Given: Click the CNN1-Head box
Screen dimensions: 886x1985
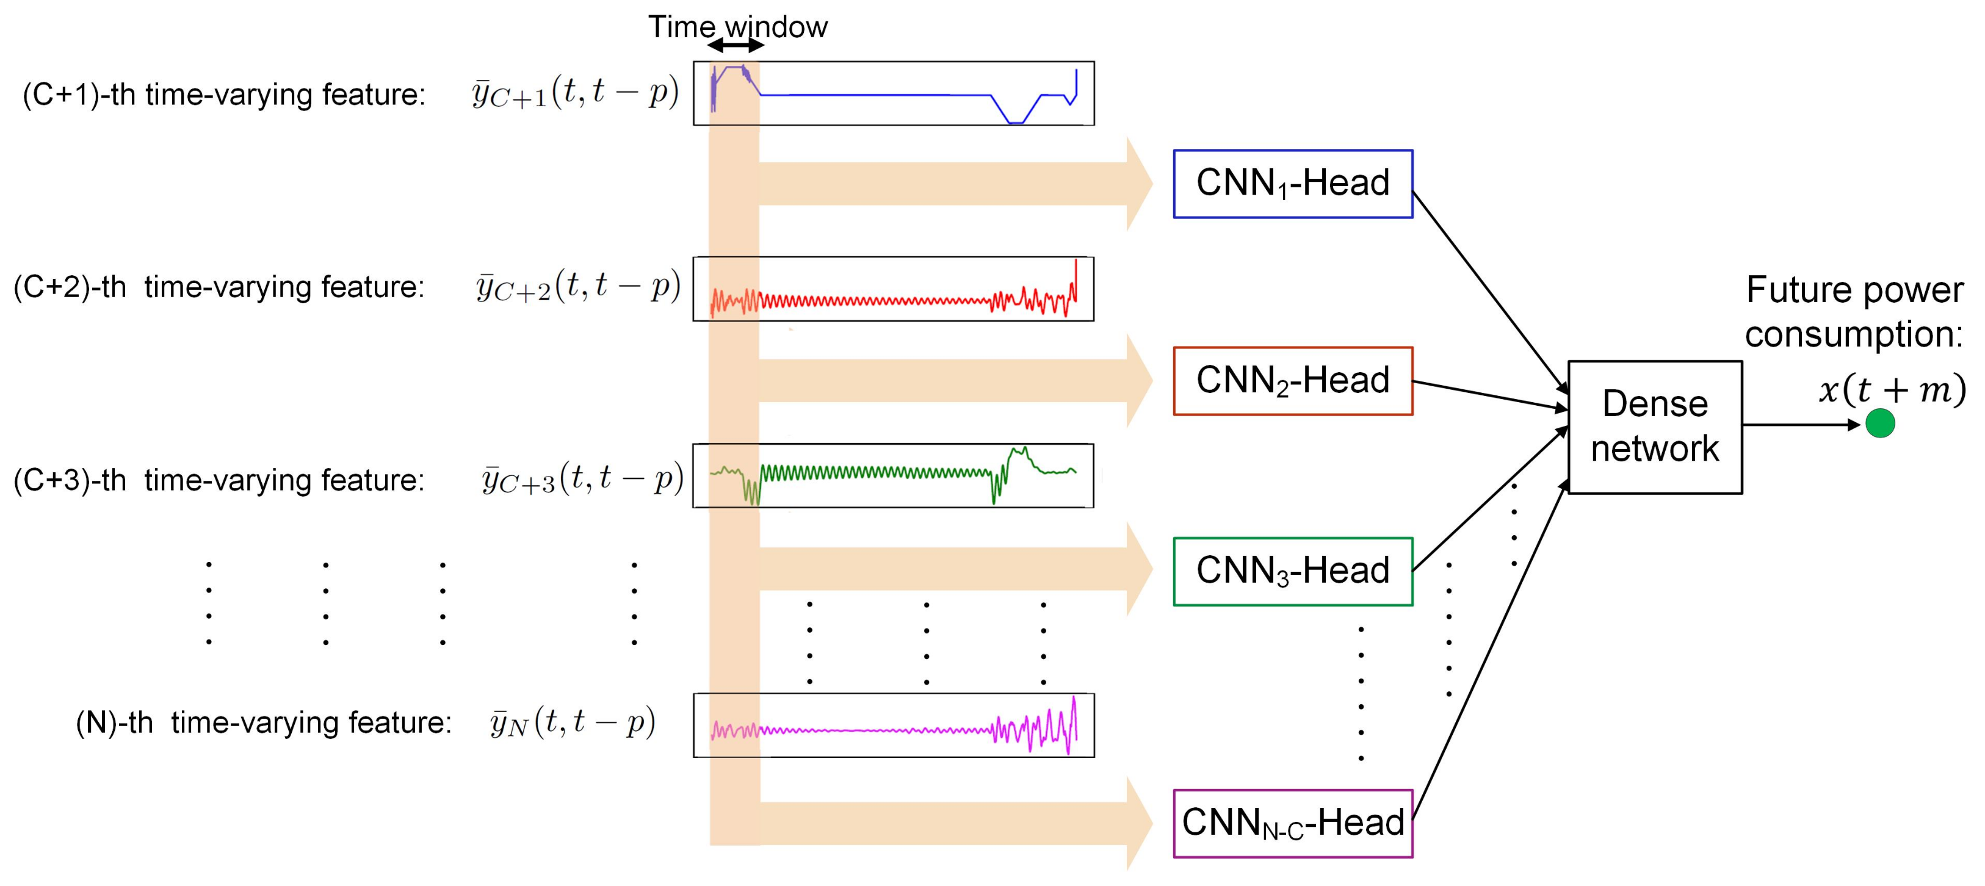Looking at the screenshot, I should pos(1292,184).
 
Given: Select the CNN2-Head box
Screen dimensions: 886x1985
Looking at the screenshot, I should pos(1292,381).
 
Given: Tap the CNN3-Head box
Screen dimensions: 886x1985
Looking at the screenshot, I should pos(1292,571).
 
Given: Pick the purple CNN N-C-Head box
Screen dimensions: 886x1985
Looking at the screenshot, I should pos(1292,823).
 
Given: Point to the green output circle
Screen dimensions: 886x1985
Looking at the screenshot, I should pos(1879,423).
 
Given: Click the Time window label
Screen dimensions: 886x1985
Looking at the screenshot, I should pos(737,27).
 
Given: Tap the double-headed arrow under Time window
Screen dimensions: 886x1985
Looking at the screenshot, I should pos(736,46).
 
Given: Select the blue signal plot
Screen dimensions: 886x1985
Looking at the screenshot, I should pos(893,93).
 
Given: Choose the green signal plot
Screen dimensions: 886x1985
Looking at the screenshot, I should pos(893,475).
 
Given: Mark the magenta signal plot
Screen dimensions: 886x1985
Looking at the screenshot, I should pos(893,725).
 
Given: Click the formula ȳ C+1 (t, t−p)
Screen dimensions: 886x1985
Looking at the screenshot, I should pos(575,95).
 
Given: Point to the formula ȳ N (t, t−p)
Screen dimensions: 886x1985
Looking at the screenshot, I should pos(572,722).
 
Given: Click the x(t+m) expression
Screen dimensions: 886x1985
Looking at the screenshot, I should pos(1892,390).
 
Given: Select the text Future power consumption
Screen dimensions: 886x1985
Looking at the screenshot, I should pos(1853,312).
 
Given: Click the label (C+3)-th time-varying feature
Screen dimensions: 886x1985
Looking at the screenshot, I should pos(219,480).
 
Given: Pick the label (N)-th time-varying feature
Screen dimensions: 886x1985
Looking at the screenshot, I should pos(262,722).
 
